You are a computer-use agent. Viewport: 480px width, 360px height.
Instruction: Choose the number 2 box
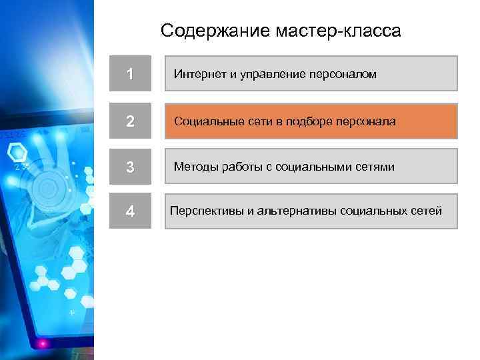[130, 122]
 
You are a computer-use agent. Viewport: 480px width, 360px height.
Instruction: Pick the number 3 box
[130, 167]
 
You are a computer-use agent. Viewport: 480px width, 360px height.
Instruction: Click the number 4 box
[130, 211]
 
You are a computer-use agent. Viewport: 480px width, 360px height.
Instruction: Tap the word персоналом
[343, 74]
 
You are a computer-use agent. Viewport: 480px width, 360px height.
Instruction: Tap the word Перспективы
[202, 211]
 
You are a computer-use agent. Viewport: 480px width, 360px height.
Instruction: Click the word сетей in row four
[425, 211]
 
